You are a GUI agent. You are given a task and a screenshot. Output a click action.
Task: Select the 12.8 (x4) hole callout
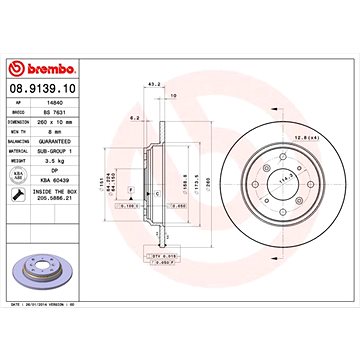317,125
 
